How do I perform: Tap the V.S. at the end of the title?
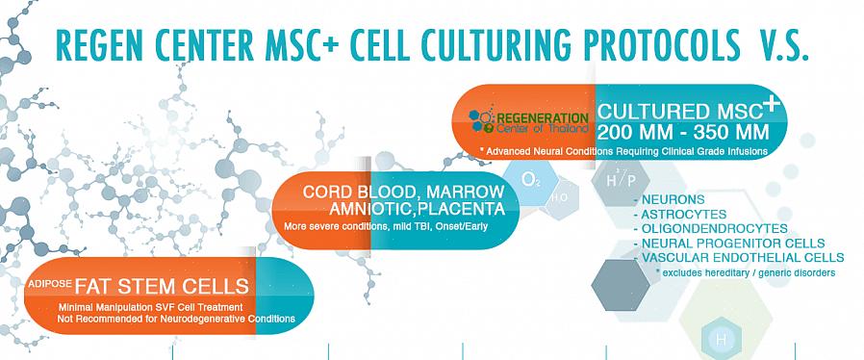(781, 45)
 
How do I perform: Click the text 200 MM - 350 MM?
(683, 133)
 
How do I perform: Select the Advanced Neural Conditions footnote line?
(623, 150)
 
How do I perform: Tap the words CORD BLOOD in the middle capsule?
(358, 192)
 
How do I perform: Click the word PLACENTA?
(462, 209)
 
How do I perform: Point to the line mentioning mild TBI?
(386, 226)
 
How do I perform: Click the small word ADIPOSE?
(49, 283)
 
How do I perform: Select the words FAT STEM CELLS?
(162, 286)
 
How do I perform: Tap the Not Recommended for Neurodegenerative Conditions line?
(176, 319)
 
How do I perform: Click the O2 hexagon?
(531, 180)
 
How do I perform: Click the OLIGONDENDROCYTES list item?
(711, 228)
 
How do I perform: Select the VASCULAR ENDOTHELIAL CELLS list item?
(739, 257)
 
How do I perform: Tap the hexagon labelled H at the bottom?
(722, 340)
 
